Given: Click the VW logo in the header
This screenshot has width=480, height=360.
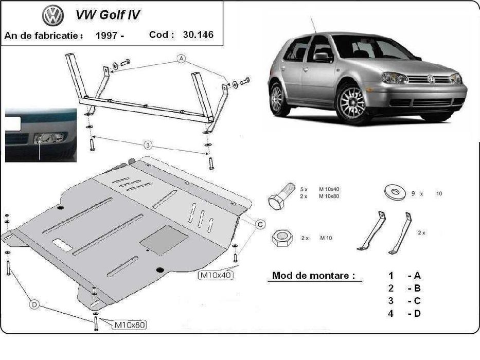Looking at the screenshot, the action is pyautogui.click(x=53, y=15).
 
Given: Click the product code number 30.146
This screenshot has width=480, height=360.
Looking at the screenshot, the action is pyautogui.click(x=198, y=34).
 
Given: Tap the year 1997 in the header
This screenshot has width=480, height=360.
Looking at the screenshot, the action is pyautogui.click(x=106, y=35).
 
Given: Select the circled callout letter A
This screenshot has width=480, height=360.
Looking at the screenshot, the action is pyautogui.click(x=182, y=59).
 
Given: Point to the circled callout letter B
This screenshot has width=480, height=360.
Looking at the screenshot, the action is pyautogui.click(x=148, y=145).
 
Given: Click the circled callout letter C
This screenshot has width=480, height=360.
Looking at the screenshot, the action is pyautogui.click(x=260, y=225).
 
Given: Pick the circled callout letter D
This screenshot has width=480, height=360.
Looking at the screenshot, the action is pyautogui.click(x=34, y=304).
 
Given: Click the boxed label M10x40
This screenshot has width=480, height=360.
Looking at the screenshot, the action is pyautogui.click(x=216, y=275).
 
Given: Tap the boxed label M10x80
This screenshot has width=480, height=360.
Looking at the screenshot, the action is pyautogui.click(x=130, y=325).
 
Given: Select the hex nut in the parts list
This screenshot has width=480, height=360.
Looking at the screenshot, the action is pyautogui.click(x=281, y=238).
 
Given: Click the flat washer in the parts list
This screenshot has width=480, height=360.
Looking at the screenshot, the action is pyautogui.click(x=395, y=192).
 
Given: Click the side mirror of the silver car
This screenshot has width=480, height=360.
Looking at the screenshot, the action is pyautogui.click(x=322, y=57).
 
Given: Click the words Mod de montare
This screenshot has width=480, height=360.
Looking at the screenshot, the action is pyautogui.click(x=313, y=276).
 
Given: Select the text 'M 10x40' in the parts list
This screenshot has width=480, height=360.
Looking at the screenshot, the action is pyautogui.click(x=329, y=189).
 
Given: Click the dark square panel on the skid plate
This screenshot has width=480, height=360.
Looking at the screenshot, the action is pyautogui.click(x=164, y=240).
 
